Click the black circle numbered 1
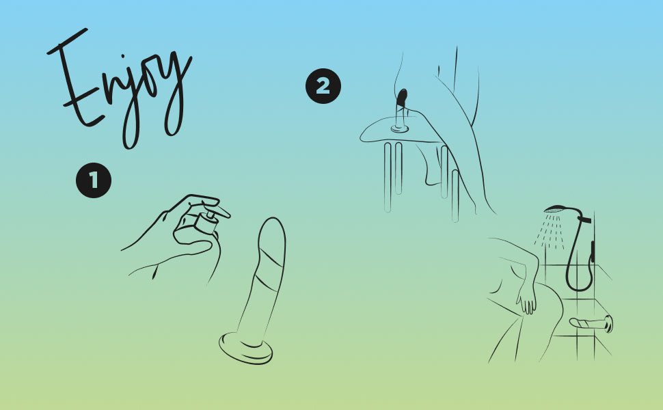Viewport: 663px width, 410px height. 94,180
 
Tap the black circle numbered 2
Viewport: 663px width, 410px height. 323,86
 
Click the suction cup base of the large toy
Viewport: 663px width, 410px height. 245,348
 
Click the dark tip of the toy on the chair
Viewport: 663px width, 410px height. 402,98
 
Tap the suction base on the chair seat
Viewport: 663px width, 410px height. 400,128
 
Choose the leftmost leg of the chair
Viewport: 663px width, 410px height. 388,177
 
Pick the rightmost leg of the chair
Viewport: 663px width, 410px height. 455,195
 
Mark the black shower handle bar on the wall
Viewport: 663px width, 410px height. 593,251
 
